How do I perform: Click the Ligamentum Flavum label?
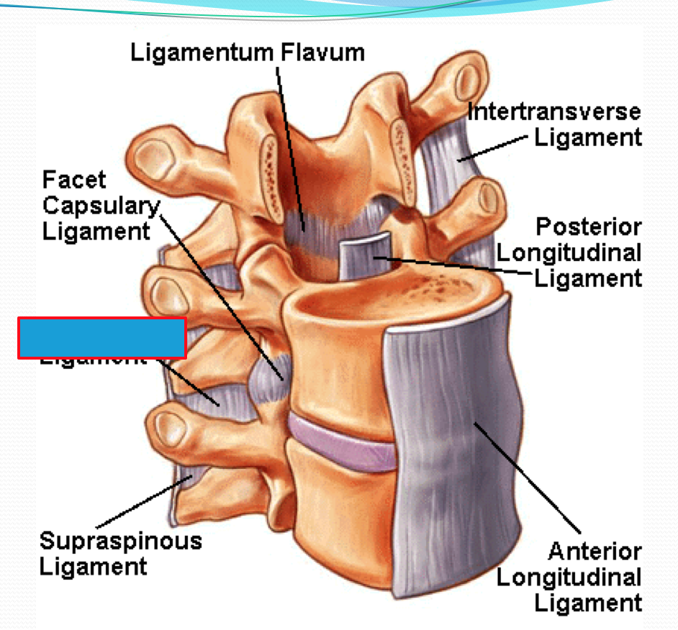click(x=248, y=52)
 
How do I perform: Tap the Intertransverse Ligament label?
click(x=553, y=124)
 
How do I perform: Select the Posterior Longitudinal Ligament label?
click(x=569, y=252)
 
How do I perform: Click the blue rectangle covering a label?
click(x=102, y=337)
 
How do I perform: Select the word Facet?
click(x=74, y=179)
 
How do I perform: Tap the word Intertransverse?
click(x=553, y=111)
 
